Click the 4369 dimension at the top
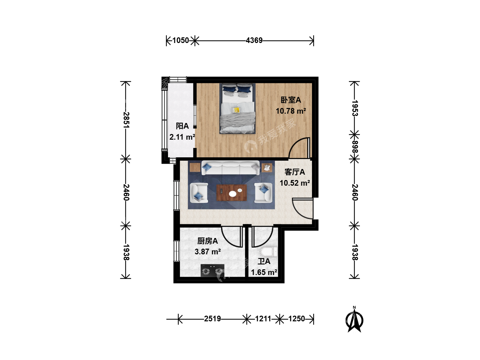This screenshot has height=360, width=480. [x=254, y=40]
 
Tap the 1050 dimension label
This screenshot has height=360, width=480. [x=181, y=40]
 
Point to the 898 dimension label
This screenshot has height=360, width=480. [x=355, y=147]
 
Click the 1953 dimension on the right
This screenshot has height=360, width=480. [x=355, y=108]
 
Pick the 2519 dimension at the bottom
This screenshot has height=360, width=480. [x=212, y=319]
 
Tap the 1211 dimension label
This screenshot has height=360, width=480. [x=263, y=319]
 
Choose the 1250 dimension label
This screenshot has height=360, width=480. [x=297, y=319]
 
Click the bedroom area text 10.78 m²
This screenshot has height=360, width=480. [x=291, y=111]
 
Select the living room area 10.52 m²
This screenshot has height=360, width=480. [x=295, y=183]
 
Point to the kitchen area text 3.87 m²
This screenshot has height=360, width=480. [x=208, y=252]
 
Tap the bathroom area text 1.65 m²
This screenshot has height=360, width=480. [x=264, y=272]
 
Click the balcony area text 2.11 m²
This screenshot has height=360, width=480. [x=182, y=137]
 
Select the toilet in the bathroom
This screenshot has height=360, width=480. [x=269, y=252]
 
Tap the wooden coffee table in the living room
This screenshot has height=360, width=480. [x=232, y=193]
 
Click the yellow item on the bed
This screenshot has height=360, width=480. [x=236, y=110]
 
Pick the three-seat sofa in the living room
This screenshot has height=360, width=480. [x=230, y=168]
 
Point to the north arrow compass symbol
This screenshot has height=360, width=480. [x=354, y=320]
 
